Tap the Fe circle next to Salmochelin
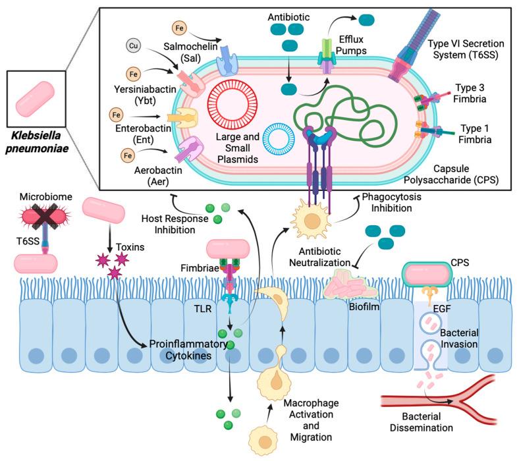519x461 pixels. tap(179, 28)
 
